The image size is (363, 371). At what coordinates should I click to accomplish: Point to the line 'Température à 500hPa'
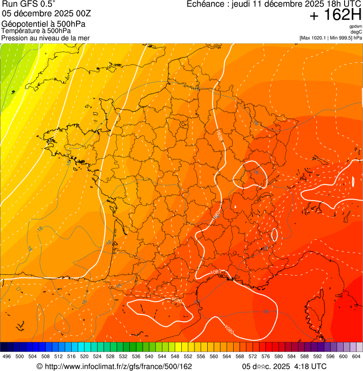(36, 31)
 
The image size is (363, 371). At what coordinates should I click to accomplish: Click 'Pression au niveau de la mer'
(45, 38)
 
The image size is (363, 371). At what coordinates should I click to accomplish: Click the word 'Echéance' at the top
(203, 4)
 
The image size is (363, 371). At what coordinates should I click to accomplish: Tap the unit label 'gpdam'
(355, 26)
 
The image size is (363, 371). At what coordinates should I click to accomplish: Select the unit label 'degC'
(356, 32)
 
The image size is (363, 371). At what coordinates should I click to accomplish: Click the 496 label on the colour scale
(7, 356)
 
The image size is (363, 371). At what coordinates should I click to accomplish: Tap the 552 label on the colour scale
(188, 356)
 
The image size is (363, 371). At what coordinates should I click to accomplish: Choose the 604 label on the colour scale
(356, 356)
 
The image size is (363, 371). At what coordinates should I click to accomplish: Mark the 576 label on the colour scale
(265, 356)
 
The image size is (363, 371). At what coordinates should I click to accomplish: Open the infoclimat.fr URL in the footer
(114, 366)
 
